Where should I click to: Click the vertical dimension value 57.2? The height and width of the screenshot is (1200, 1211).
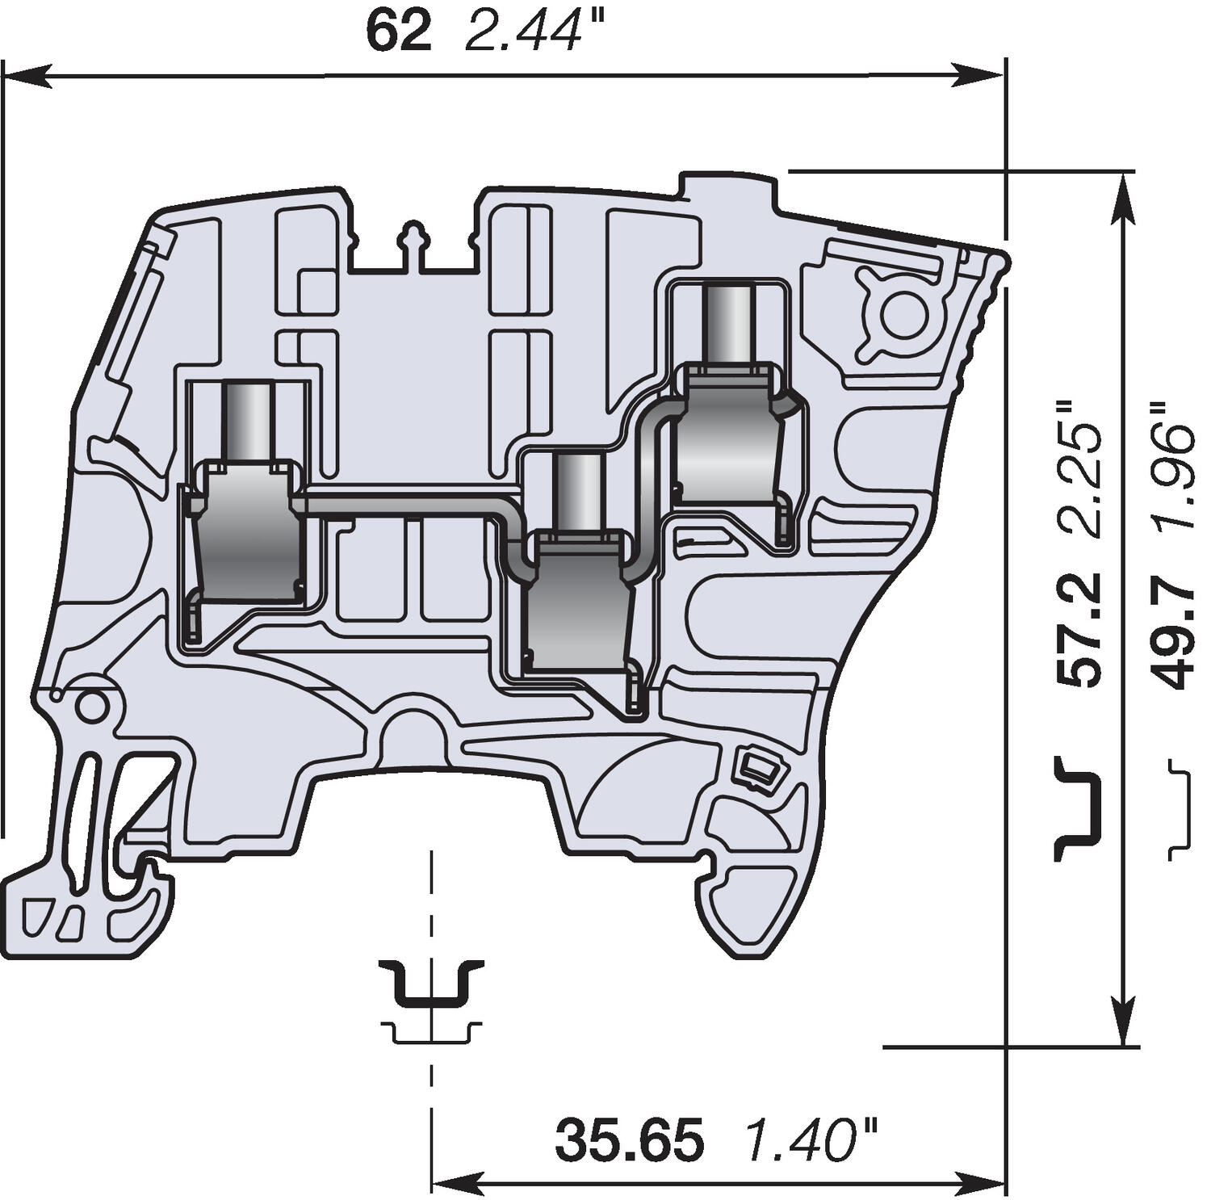pyautogui.click(x=1081, y=629)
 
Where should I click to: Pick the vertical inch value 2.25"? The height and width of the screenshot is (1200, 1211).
pyautogui.click(x=1081, y=468)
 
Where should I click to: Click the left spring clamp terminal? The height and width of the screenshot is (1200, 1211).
pyautogui.click(x=246, y=533)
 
